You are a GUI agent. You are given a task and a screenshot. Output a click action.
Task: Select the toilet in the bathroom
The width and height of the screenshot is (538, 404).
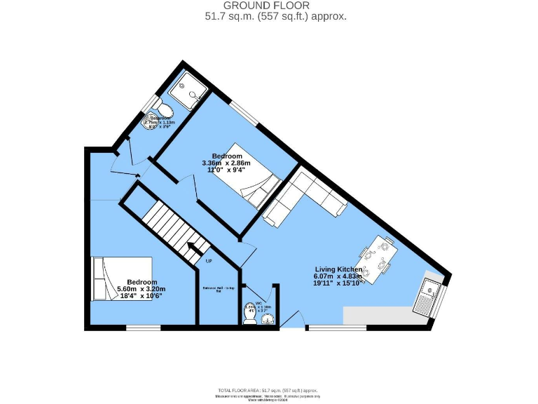pyautogui.click(x=164, y=107)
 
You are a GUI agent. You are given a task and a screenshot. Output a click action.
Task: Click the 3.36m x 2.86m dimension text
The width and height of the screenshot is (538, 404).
pyautogui.click(x=227, y=164)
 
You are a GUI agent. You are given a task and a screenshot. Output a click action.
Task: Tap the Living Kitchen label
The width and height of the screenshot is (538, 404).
pyautogui.click(x=338, y=269)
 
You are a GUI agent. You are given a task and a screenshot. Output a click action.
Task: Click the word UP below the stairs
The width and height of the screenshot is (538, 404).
pyautogui.click(x=209, y=262)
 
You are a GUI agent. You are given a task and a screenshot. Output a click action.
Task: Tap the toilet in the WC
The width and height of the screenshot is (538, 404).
pyautogui.click(x=249, y=314)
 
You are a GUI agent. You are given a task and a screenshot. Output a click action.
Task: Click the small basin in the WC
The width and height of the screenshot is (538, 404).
pyautogui.click(x=268, y=319)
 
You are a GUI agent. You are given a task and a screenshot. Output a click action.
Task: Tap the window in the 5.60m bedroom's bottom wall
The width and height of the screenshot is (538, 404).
pyautogui.click(x=144, y=327)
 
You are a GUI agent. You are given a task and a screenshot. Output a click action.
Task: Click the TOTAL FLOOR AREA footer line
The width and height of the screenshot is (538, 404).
pyautogui.click(x=269, y=389)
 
